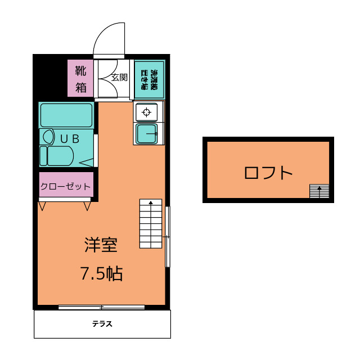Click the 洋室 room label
pos(101,245)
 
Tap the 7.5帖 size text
pos(101,274)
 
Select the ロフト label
pos(268,172)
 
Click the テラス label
pos(102,324)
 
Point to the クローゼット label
pos(65,186)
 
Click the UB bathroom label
pos(69,137)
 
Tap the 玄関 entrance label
pos(119,78)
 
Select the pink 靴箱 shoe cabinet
pos(81,79)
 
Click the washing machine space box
pos(149,79)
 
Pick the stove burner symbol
pos(147,111)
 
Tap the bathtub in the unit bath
pos(66,115)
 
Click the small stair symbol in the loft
pos(318,191)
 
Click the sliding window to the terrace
pos(102,307)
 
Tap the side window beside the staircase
pos(167,237)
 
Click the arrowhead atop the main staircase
pos(151,202)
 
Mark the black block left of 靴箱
pos(51,76)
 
